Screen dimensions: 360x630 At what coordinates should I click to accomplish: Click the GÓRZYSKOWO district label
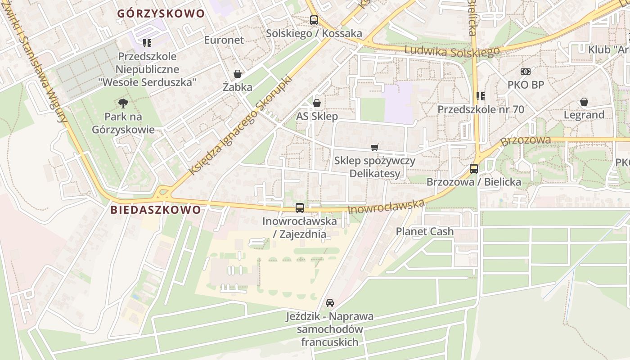(x=161, y=13)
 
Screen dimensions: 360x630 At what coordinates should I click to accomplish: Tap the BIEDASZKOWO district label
(x=156, y=210)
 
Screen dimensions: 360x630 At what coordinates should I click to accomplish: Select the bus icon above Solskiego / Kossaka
(x=314, y=20)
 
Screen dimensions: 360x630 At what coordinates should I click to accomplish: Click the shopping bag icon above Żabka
(x=238, y=74)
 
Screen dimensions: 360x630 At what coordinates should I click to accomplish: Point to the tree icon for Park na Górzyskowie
(x=123, y=104)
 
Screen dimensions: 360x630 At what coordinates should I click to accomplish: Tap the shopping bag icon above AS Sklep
(x=317, y=103)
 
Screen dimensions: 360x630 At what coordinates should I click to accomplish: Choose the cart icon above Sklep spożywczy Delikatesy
(x=375, y=147)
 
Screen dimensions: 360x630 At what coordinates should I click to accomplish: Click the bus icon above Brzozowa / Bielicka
(x=474, y=169)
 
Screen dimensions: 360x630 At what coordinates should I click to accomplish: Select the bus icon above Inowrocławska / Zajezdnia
(x=300, y=207)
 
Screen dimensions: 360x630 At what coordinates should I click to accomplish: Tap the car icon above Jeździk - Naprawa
(x=330, y=303)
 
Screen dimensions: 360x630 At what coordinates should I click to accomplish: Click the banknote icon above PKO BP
(x=526, y=72)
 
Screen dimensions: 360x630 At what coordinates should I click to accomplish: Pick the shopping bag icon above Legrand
(x=584, y=102)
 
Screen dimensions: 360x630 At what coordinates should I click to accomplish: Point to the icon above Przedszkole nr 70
(x=481, y=96)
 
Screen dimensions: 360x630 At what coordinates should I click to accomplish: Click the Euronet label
(x=224, y=40)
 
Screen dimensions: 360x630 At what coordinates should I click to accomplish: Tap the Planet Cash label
(x=425, y=231)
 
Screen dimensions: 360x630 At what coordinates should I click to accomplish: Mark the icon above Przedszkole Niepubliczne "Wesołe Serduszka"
(x=147, y=43)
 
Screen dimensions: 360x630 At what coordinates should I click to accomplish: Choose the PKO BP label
(x=526, y=85)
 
